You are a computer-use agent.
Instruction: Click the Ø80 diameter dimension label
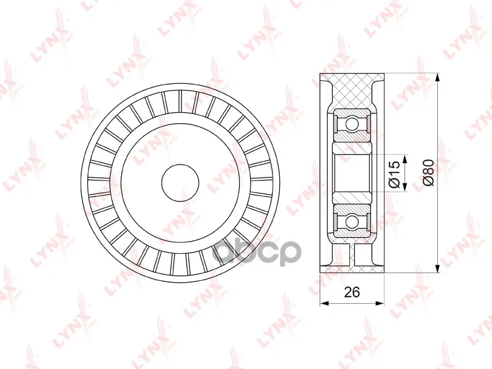429,172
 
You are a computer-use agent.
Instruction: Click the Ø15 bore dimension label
394,174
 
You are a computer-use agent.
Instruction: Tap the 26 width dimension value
352,293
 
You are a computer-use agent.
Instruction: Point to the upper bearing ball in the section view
352,124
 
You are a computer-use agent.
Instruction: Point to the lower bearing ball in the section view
352,221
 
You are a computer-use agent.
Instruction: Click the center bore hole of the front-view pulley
180,182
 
